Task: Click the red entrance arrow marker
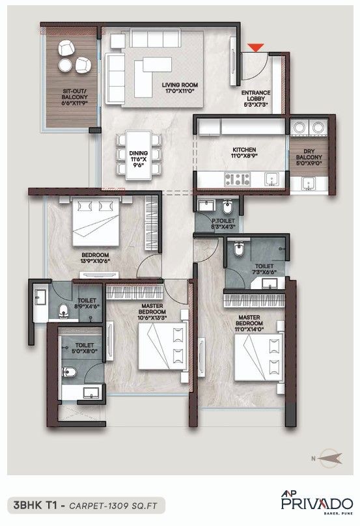pos(258,46)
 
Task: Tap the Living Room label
pos(180,87)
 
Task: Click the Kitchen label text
pos(244,152)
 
